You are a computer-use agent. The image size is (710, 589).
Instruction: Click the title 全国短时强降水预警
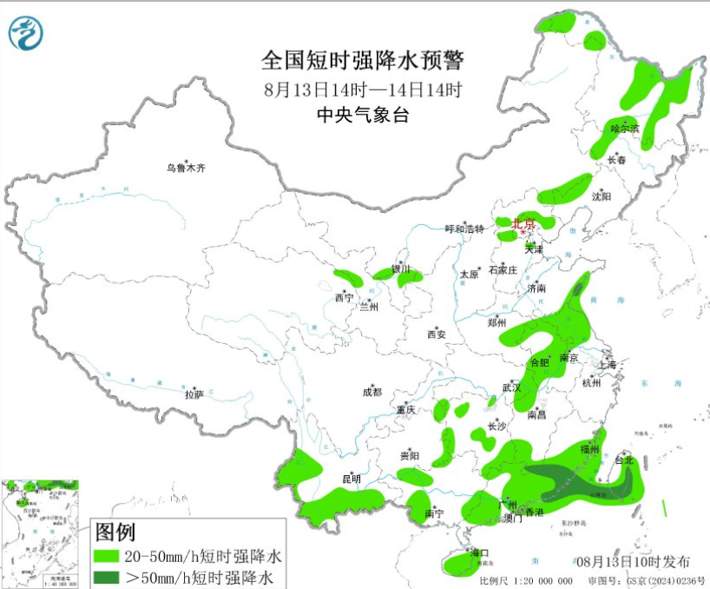pos(363,61)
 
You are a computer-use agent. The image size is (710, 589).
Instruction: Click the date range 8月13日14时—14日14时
pos(363,89)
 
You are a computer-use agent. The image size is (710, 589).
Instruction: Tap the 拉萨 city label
pos(194,394)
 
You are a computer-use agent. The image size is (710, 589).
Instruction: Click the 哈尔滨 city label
pos(624,129)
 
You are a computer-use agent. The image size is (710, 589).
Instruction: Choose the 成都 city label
pos(372,393)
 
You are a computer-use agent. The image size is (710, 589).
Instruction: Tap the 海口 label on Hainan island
pos(481,553)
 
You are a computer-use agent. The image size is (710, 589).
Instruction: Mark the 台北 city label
pos(624,460)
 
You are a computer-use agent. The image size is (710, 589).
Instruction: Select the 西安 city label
pos(436,334)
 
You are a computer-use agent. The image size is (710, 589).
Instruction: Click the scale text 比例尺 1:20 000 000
pos(525,580)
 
